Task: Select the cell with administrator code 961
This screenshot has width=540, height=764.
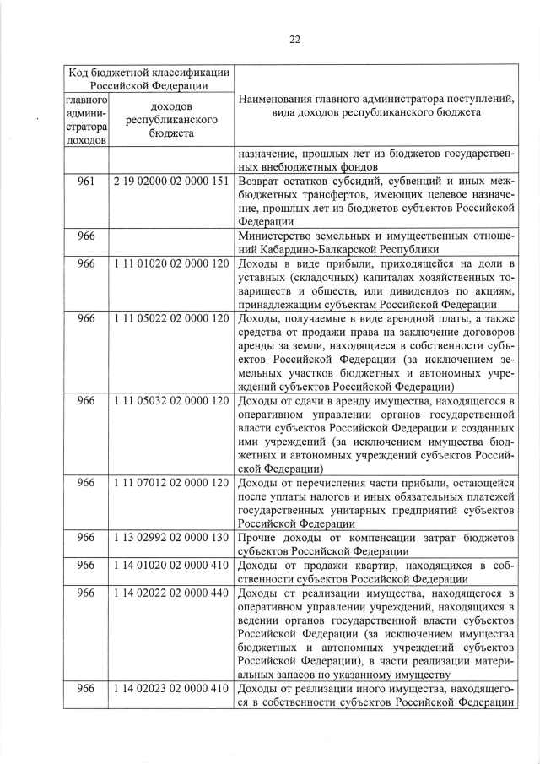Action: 85,181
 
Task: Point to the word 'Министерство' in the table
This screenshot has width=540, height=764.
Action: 276,236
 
